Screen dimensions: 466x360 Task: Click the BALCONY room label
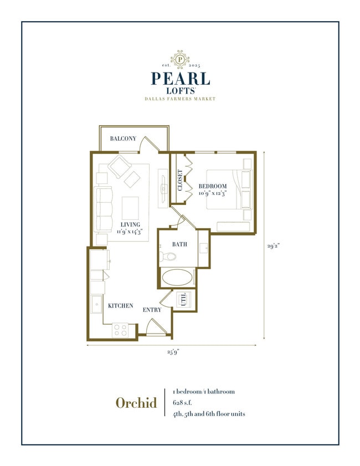click(123, 139)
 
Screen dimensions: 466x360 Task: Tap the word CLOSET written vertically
click(180, 180)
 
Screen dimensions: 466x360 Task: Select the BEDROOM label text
click(213, 186)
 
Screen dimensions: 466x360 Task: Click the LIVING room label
click(130, 224)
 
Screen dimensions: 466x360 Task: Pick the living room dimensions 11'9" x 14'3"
click(130, 232)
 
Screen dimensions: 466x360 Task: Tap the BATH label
click(179, 244)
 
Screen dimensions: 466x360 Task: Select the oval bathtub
click(178, 277)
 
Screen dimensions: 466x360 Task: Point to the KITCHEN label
click(121, 306)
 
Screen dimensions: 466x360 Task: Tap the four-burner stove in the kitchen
click(121, 329)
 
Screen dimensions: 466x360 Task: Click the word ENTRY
click(152, 310)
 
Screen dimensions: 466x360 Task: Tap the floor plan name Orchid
click(136, 403)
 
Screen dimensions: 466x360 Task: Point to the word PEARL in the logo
click(179, 78)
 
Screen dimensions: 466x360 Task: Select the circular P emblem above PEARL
click(179, 58)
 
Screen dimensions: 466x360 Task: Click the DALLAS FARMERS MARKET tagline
click(179, 99)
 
